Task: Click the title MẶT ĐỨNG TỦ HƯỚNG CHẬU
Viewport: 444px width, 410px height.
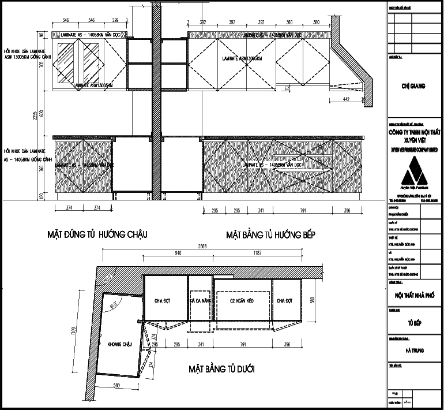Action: (x=98, y=235)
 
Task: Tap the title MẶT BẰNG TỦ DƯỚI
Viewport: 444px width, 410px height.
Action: (x=221, y=368)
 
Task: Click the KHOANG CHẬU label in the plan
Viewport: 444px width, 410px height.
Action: (x=120, y=344)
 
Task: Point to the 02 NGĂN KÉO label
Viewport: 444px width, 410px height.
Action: (x=242, y=301)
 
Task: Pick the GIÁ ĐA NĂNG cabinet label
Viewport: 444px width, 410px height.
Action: (x=200, y=301)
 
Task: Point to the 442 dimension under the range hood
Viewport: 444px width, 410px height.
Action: (x=347, y=99)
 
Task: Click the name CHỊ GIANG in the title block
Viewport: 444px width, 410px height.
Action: (x=413, y=87)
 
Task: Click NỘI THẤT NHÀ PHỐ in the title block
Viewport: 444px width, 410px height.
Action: (x=414, y=295)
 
